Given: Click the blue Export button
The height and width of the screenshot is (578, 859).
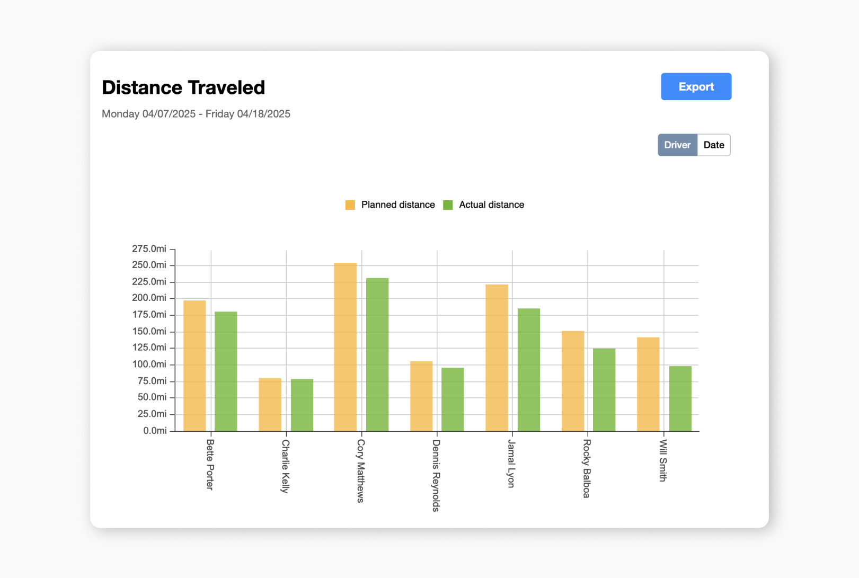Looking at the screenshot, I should point(696,86).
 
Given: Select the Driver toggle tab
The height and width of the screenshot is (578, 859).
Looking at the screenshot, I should point(677,145).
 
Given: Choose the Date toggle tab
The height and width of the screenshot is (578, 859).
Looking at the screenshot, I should point(714,145).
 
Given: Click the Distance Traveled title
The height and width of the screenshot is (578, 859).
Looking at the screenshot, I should point(183,87).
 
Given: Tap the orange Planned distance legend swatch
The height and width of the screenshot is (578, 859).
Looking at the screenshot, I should point(350,205).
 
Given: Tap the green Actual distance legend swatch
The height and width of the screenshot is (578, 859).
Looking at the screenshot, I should point(448,205).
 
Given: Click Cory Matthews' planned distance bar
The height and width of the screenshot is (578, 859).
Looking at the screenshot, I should point(345,347).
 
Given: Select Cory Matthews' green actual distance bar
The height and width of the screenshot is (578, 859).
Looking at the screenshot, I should point(377,354).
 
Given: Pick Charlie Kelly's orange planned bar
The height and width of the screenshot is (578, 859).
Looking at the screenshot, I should point(270,405).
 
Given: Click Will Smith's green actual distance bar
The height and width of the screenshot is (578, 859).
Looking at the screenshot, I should point(680,398).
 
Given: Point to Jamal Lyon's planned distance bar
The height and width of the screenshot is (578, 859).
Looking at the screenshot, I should point(497,358).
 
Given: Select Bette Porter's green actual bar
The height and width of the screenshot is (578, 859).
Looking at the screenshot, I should point(226,371).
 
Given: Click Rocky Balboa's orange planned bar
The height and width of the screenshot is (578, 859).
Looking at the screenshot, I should point(572,381).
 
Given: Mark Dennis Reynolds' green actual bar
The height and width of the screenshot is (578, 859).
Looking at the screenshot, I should point(453,399).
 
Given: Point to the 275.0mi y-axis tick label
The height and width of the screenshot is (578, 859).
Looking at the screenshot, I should point(149,248).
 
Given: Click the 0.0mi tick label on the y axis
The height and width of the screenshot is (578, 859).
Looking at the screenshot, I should point(155,431).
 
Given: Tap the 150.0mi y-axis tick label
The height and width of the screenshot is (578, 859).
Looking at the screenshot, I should point(149,331).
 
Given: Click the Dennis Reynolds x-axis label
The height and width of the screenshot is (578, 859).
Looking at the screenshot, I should point(436,475).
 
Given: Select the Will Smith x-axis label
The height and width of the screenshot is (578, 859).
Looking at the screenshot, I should point(662,460).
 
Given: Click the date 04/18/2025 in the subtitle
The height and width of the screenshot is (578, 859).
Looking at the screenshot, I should point(263,114).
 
